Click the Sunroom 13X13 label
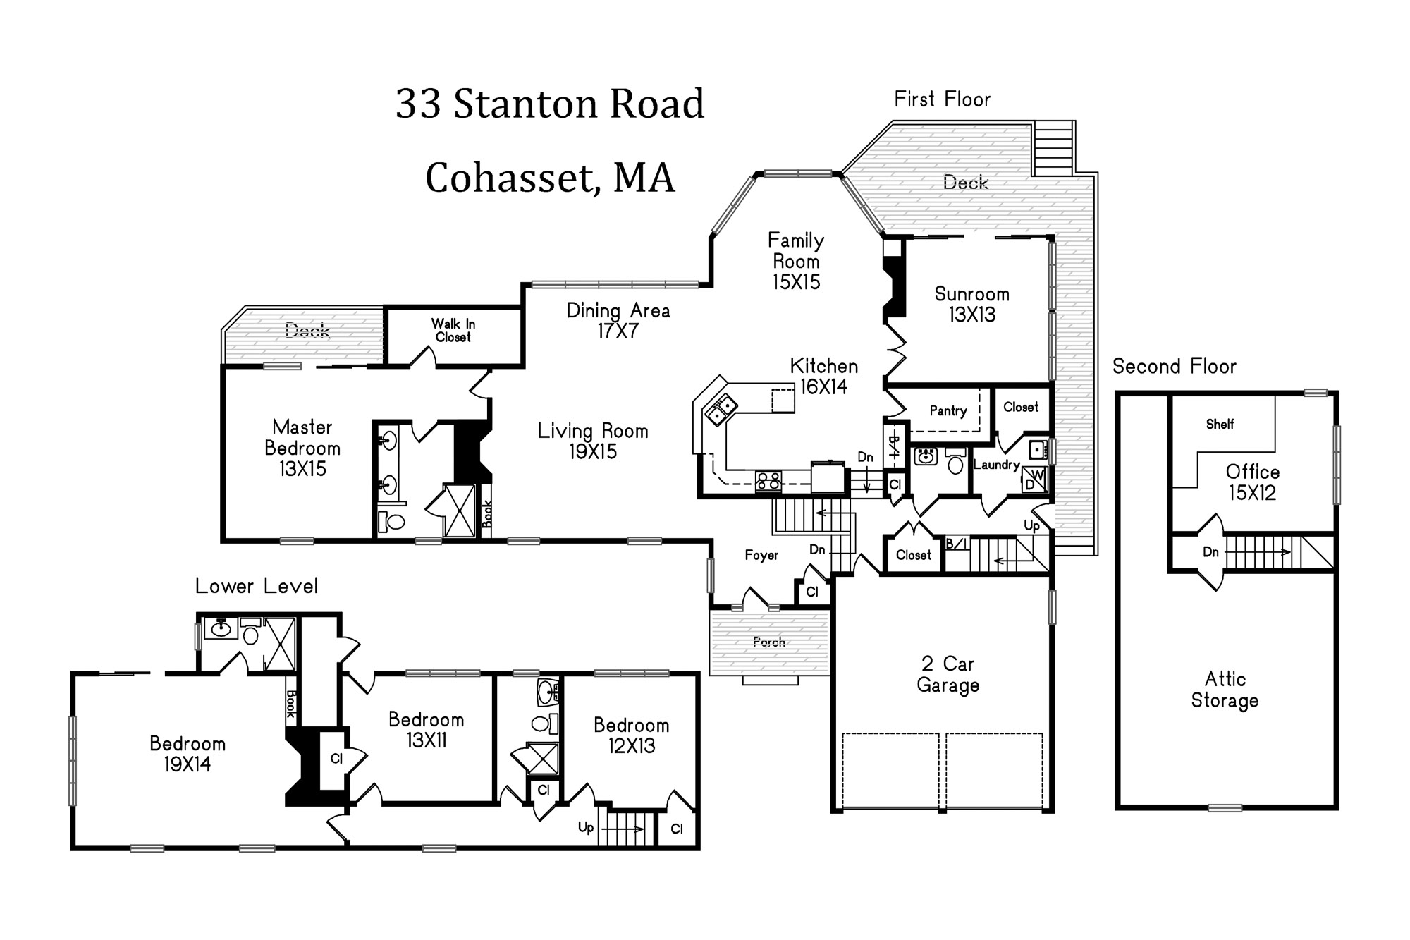coord(971,304)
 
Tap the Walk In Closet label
coord(453,330)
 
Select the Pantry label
coord(948,410)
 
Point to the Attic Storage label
coord(1225,690)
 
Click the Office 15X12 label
coord(1252,482)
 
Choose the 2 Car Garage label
coord(948,674)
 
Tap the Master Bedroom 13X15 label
coord(302,448)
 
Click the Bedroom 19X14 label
coord(188,754)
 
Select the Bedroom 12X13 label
coord(631,735)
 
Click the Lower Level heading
coord(257,586)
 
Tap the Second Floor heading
coord(1175,367)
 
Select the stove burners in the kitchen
coord(768,481)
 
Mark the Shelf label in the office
coord(1220,424)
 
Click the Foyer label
coord(761,556)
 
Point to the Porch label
coord(769,642)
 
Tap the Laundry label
coord(996,465)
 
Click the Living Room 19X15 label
coord(593,441)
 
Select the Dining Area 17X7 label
coord(618,321)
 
